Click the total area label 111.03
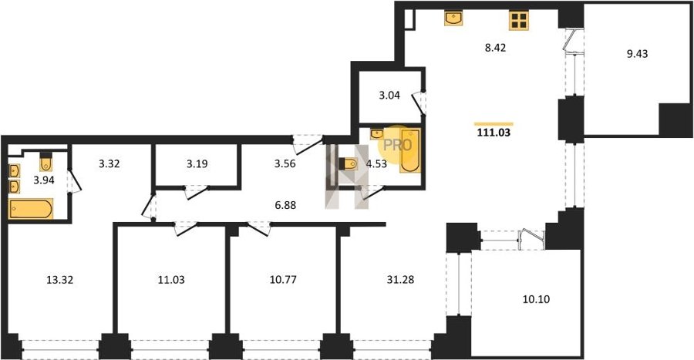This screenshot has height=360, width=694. (494, 132)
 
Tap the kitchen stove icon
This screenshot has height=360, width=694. (519, 20)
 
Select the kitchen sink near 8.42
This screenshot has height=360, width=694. (453, 19)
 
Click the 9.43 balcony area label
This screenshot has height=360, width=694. (637, 54)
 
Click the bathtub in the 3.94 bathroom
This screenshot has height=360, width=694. (31, 209)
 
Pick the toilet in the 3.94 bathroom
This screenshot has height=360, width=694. (46, 163)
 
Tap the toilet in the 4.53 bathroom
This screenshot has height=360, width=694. (349, 163)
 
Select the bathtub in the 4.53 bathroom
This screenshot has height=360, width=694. (410, 150)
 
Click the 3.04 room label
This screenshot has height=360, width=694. (389, 95)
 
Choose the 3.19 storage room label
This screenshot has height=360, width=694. (197, 163)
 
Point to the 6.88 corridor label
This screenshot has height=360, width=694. (285, 205)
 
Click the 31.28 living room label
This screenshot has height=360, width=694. (400, 280)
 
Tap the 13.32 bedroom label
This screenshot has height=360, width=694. (59, 280)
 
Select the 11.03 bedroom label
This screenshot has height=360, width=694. (171, 280)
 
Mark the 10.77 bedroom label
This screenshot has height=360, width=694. (283, 280)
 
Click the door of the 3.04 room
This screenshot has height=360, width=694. (419, 103)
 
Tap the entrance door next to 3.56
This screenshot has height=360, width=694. (307, 145)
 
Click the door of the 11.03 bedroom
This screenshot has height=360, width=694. (185, 229)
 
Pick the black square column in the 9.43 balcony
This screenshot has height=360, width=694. (675, 119)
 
